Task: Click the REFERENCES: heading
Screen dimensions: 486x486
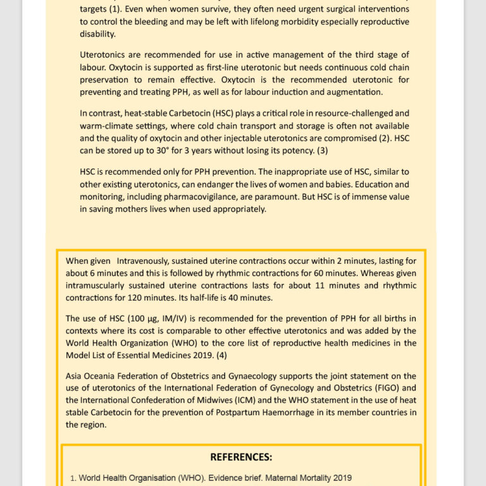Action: (241, 457)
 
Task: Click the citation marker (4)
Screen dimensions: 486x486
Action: (221, 355)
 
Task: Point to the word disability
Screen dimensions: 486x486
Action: (97, 34)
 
